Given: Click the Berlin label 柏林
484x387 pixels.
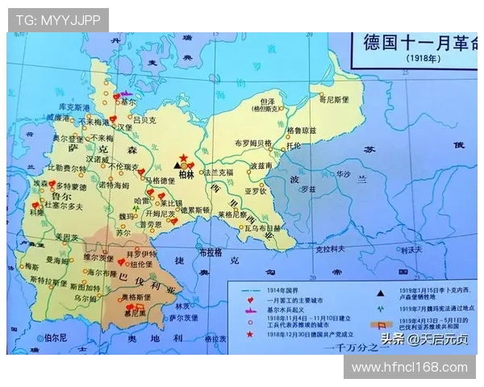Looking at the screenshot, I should point(186,173).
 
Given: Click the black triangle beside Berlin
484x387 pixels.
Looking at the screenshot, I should point(177,164).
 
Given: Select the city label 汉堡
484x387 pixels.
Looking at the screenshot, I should point(123,127).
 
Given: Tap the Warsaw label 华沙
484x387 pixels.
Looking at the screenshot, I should point(344,173).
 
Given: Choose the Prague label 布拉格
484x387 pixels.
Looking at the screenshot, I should point(210,252).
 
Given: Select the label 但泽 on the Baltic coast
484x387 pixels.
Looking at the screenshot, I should point(264,100).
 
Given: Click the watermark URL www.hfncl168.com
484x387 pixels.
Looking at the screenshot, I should point(410,368).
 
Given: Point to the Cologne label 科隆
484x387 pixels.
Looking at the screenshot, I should point(36,214).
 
